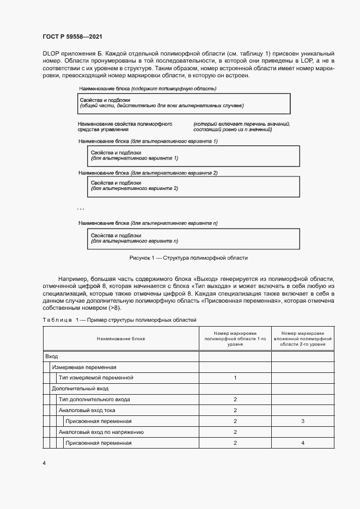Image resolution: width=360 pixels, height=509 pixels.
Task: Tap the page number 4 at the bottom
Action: point(44,463)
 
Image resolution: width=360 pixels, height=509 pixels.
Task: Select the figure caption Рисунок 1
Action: point(188,258)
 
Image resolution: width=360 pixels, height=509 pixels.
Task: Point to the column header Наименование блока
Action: point(121,338)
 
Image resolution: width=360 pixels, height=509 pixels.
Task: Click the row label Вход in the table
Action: point(52,355)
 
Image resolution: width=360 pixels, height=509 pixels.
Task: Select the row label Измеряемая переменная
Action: point(84,367)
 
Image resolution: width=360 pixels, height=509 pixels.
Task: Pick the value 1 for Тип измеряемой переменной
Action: point(235,378)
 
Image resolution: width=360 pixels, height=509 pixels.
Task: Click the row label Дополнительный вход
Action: point(80,389)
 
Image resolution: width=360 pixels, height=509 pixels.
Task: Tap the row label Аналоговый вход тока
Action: point(87,410)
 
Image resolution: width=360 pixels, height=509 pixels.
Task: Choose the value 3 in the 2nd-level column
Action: point(302,421)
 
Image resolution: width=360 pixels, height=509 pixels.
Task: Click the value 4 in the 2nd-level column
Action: point(302,443)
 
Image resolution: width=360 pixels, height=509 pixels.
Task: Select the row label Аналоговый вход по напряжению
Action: point(101,432)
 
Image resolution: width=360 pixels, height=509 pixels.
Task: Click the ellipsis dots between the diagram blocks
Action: point(80,209)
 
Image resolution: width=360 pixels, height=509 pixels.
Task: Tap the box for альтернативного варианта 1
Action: point(193,156)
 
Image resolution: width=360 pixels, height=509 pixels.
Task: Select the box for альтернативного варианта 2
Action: point(193,187)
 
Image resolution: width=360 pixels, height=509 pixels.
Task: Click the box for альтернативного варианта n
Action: point(193,238)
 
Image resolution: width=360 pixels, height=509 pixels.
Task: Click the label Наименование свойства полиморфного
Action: point(125,124)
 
